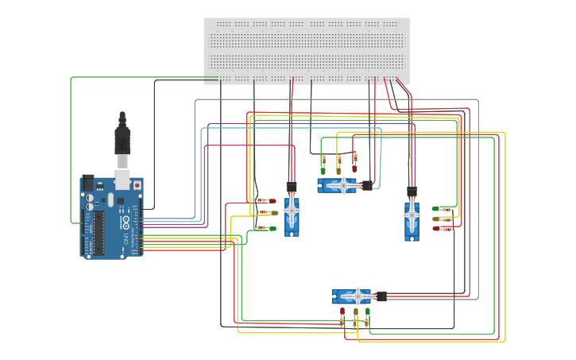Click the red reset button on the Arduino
137,184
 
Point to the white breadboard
307,50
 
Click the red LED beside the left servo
272,201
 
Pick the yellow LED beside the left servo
273,213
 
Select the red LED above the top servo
354,168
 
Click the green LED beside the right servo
436,208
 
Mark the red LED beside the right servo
436,229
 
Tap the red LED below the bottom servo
342,312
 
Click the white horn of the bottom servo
358,296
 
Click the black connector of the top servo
366,185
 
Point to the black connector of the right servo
412,192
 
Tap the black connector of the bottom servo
381,296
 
